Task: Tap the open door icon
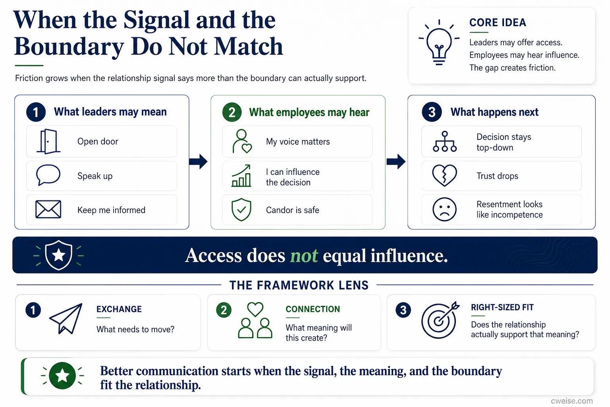tap(48, 141)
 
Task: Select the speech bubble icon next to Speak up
tap(48, 175)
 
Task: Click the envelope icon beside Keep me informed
tap(48, 209)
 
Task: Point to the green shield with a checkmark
tap(241, 209)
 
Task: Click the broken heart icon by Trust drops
tap(444, 175)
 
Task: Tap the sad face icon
tap(444, 209)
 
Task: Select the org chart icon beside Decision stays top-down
tap(445, 141)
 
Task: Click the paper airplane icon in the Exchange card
tap(66, 318)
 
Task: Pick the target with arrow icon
tap(440, 320)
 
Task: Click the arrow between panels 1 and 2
tap(198, 162)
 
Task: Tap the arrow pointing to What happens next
tap(396, 162)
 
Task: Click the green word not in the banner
tap(304, 256)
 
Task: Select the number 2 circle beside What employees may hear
tap(232, 112)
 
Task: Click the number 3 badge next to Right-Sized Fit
tap(403, 310)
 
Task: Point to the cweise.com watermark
tap(571, 401)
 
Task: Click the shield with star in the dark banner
tap(58, 255)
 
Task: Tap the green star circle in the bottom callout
tap(62, 376)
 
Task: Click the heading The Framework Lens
tap(299, 285)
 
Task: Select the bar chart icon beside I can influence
tap(241, 176)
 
